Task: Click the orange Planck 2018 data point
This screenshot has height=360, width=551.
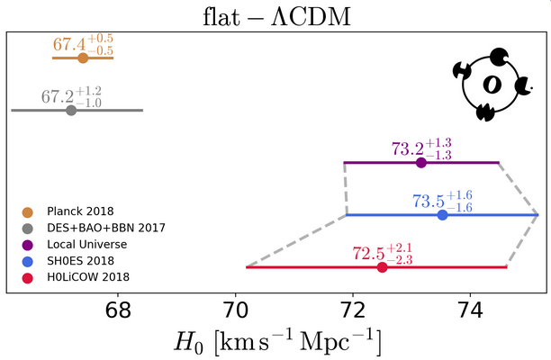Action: point(83,58)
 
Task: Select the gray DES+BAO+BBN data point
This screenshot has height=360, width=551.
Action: point(71,110)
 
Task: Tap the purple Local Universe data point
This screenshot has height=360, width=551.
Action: point(421,163)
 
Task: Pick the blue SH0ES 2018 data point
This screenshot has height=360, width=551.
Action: point(442,215)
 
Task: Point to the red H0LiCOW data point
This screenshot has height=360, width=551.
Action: point(382,267)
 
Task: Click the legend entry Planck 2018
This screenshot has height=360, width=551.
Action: point(77,211)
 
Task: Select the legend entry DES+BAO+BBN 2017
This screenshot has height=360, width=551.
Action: point(99,228)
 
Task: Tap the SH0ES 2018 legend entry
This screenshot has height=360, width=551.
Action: point(76,260)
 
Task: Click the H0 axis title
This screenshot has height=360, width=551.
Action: point(275,343)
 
